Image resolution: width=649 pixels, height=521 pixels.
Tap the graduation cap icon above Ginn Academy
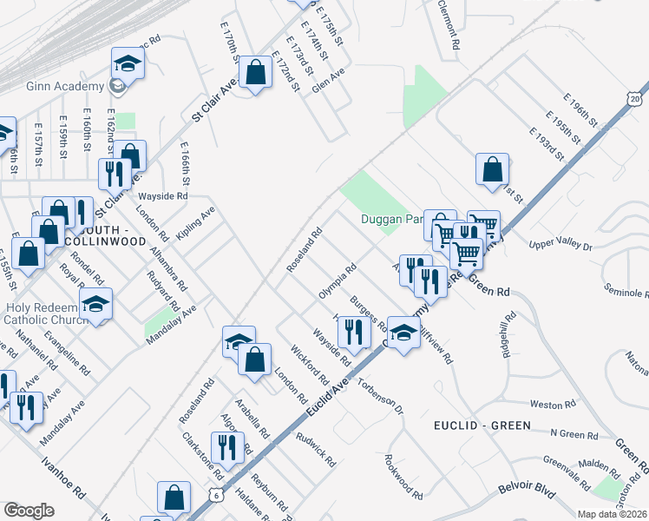click(128, 63)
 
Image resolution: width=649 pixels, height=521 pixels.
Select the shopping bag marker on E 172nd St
click(256, 73)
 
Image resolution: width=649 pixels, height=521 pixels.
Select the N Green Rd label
click(574, 433)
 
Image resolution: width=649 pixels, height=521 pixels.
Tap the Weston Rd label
click(547, 405)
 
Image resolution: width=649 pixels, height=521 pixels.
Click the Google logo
click(29, 511)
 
